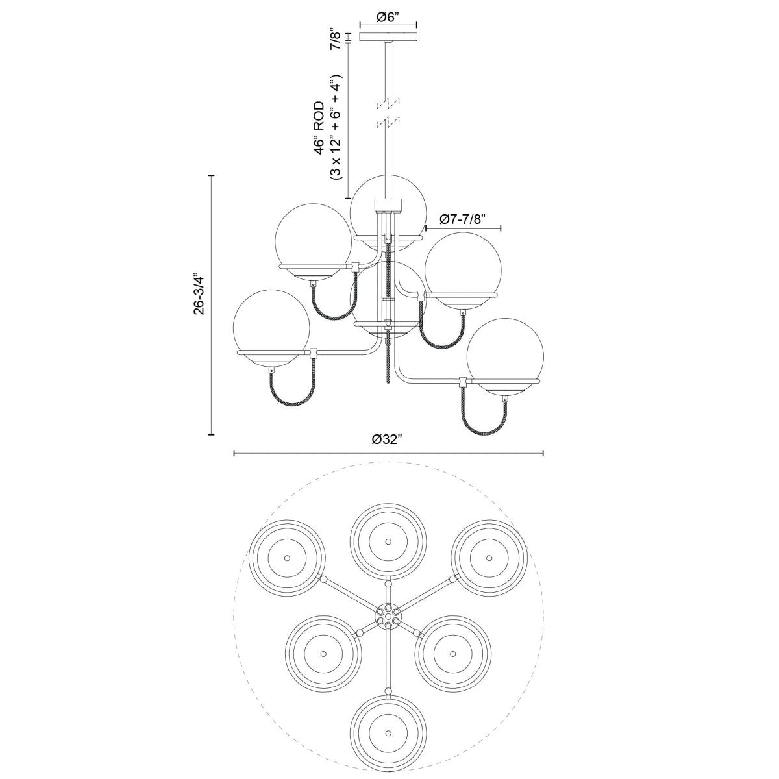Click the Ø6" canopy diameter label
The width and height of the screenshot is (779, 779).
coord(388,18)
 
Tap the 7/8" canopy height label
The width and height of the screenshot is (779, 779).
coord(335,39)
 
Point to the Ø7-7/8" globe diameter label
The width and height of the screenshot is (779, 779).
coord(463,219)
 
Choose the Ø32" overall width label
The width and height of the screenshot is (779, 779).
coord(388,439)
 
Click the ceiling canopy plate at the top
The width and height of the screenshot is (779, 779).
coord(388,36)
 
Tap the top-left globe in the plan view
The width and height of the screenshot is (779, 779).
coord(287,557)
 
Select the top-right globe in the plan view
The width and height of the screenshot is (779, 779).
coord(489,557)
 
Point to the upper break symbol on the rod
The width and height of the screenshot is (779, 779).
coord(388,103)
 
